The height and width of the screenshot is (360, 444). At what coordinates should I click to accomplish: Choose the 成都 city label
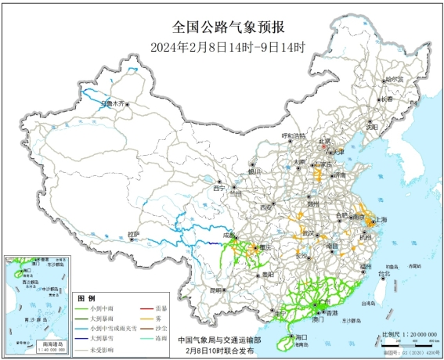point(228,234)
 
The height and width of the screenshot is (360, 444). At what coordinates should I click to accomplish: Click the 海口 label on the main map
point(298,337)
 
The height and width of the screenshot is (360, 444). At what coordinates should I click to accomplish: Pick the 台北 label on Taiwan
point(384,274)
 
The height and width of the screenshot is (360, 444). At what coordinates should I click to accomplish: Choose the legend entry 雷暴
point(159,308)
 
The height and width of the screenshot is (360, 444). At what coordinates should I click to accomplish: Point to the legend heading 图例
point(86,298)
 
